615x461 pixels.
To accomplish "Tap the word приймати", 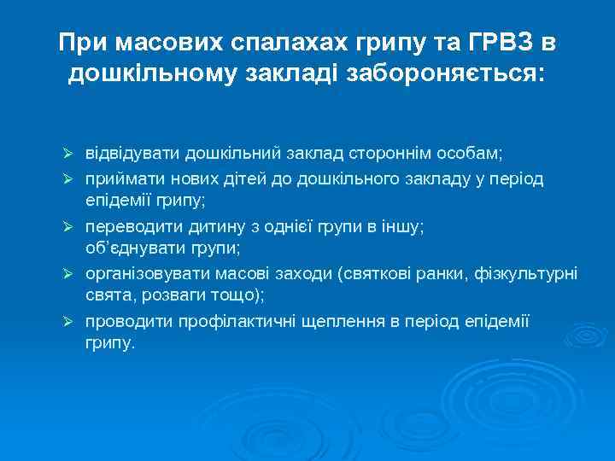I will (120, 178).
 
